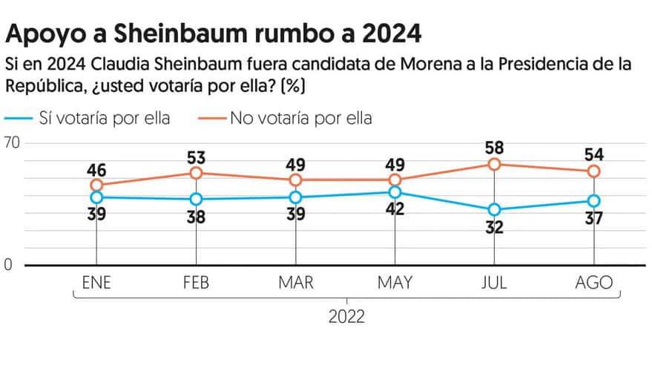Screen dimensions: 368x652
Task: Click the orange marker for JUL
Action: [x=495, y=164]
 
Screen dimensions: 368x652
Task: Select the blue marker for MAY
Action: [x=395, y=192]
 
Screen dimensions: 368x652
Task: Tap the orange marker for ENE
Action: [x=96, y=185]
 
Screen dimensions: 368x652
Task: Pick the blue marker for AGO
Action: [x=593, y=201]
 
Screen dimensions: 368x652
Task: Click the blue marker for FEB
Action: [x=196, y=199]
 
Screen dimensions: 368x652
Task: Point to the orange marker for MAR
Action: [x=295, y=180]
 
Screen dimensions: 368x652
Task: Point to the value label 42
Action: [x=395, y=209]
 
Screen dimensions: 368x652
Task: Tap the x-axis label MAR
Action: [x=295, y=283]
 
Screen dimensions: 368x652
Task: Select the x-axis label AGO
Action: [x=593, y=283]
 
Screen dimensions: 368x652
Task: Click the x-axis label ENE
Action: [x=96, y=283]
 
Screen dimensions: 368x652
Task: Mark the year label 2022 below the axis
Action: [x=346, y=317]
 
